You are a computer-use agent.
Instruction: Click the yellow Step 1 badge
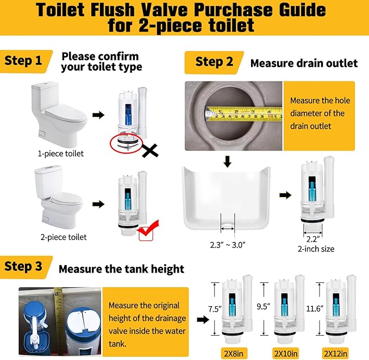coord(24,61)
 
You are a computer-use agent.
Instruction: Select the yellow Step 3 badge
coord(25,267)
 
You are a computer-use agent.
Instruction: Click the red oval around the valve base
coord(126,145)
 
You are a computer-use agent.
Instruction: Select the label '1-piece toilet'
coord(61,154)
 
